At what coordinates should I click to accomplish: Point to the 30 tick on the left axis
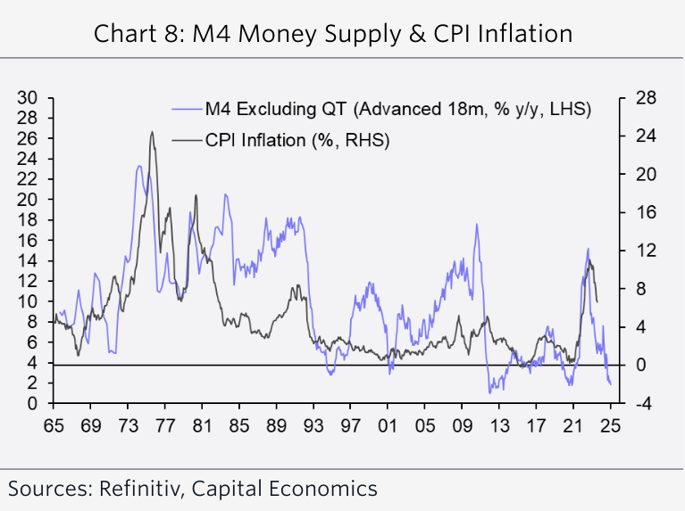(31, 97)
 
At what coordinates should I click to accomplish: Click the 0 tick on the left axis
(36, 404)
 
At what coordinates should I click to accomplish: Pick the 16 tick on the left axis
(31, 241)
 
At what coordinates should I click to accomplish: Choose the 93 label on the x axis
(313, 424)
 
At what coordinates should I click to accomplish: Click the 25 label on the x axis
(611, 424)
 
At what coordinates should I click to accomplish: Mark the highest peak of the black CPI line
(152, 132)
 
